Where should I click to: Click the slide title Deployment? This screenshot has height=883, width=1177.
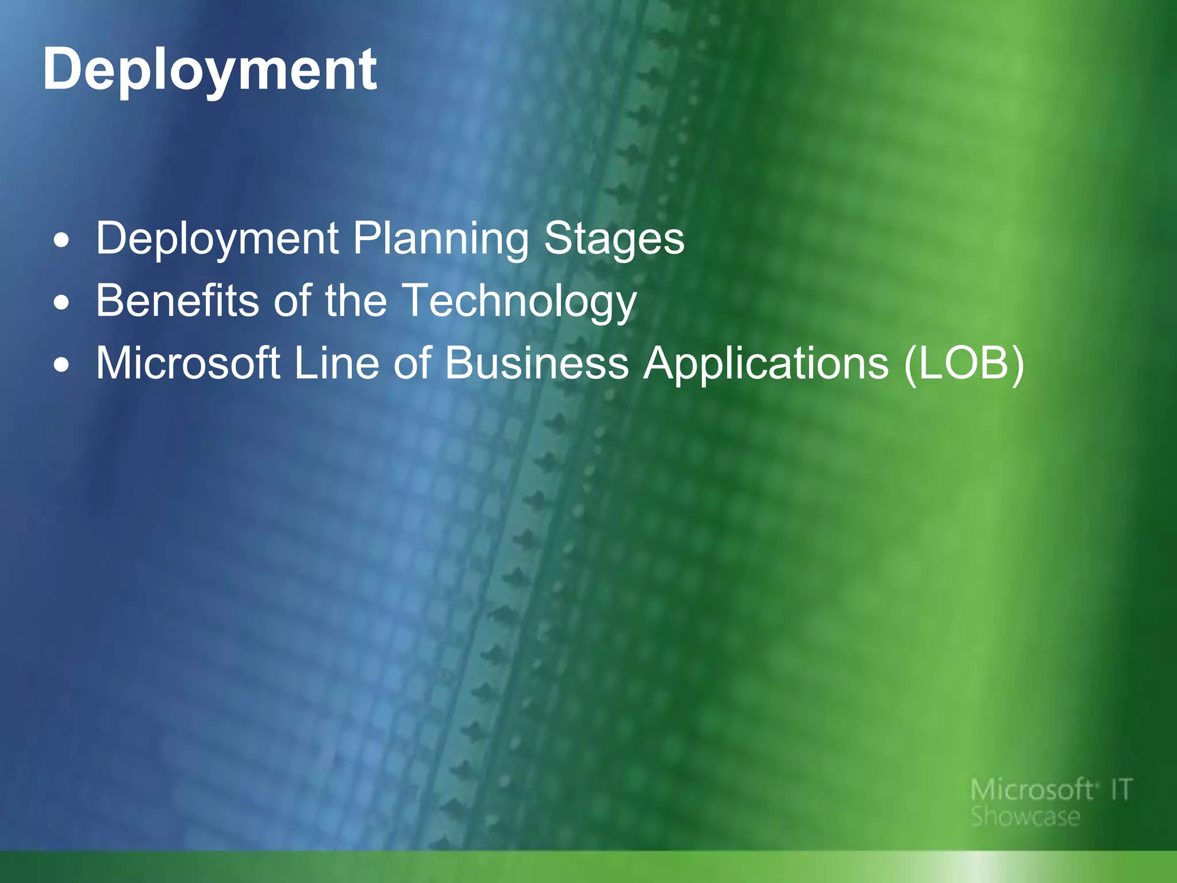[x=209, y=70]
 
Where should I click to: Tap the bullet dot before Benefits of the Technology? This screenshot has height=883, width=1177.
[x=62, y=303]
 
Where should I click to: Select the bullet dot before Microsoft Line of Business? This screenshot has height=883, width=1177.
[x=62, y=365]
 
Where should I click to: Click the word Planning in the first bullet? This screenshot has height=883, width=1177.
[x=440, y=239]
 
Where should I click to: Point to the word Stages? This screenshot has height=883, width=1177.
[x=614, y=239]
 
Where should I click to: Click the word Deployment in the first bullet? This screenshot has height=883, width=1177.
[x=217, y=239]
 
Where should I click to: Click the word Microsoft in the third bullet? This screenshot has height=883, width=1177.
[x=188, y=363]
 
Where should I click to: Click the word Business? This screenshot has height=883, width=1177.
[x=537, y=363]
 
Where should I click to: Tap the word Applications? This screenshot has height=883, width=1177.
[x=766, y=364]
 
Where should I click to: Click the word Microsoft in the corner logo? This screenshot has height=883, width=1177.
[x=1032, y=790]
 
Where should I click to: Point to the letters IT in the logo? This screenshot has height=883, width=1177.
[x=1121, y=790]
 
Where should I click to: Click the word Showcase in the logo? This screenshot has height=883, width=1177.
[x=1025, y=817]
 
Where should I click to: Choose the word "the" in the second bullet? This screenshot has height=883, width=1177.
[x=356, y=301]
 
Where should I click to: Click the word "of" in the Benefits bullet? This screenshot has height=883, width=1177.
[x=292, y=301]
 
